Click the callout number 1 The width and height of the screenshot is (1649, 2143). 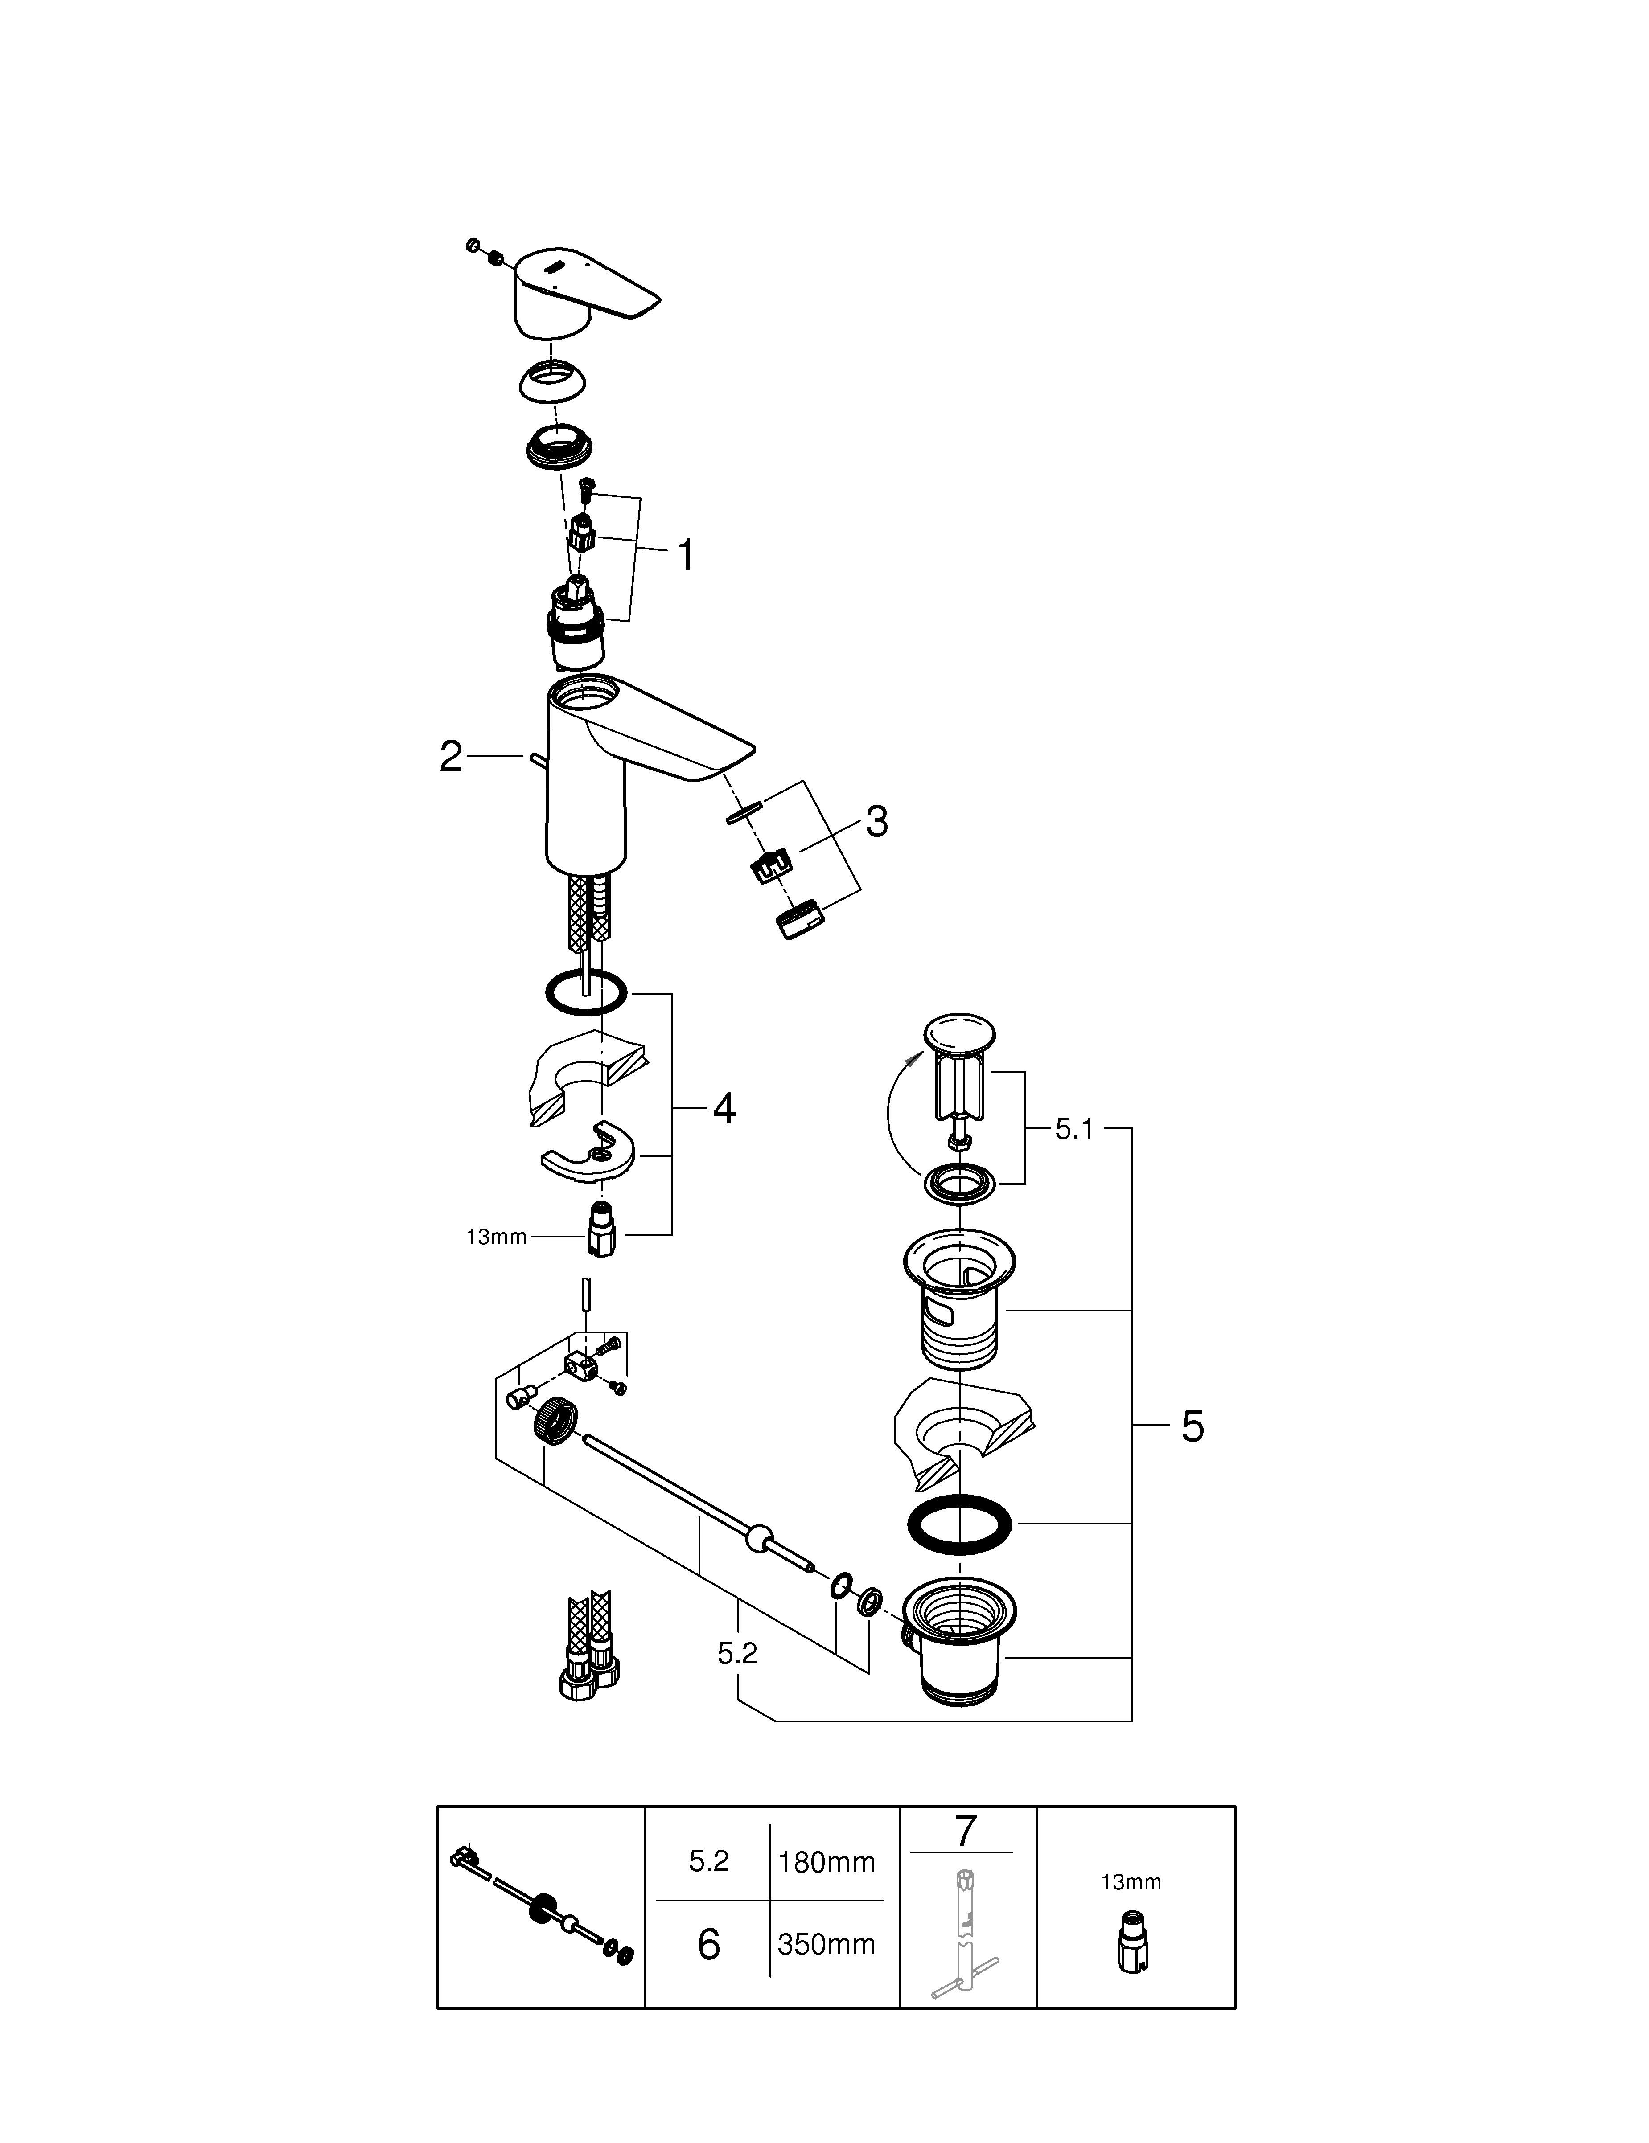pyautogui.click(x=686, y=555)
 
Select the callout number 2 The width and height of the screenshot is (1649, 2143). pyautogui.click(x=451, y=757)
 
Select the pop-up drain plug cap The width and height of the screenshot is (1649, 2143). pyautogui.click(x=958, y=1035)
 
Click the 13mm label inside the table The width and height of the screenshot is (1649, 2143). pyautogui.click(x=1131, y=1882)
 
